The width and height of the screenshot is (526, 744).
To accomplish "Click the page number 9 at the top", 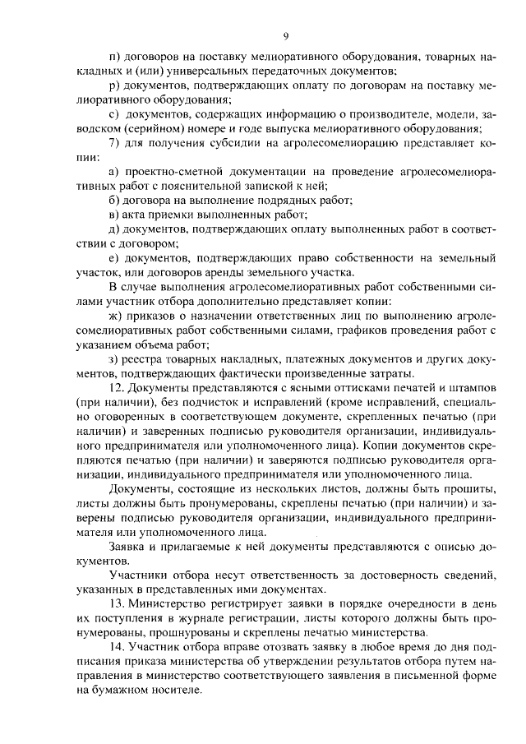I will (x=285, y=35).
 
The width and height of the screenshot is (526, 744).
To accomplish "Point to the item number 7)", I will (x=114, y=143).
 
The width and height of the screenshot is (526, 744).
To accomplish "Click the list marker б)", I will (x=114, y=200).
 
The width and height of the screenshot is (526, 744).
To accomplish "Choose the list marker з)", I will (x=113, y=359).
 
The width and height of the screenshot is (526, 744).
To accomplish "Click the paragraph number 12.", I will (x=117, y=388).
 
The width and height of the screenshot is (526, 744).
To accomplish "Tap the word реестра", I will (x=148, y=359).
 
